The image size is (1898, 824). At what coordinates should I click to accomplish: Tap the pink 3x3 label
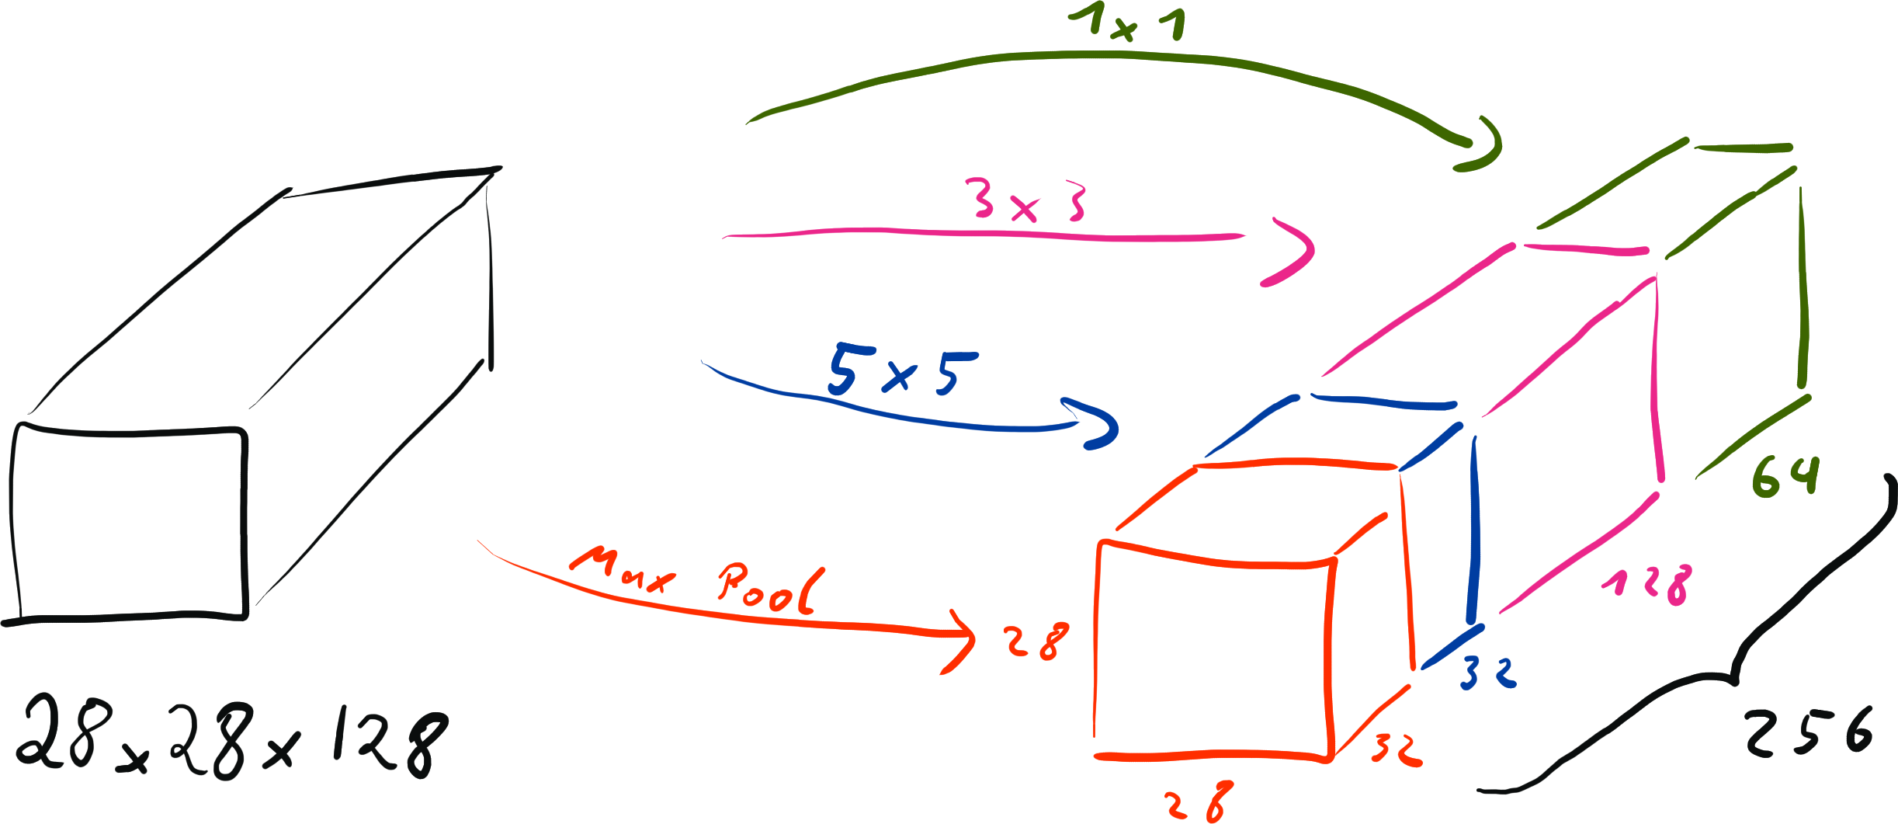pos(1029,201)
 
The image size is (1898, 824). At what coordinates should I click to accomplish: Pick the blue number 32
pos(1487,673)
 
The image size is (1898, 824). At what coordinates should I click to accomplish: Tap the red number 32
pos(1396,749)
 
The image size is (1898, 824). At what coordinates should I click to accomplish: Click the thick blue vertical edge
pos(1473,528)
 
